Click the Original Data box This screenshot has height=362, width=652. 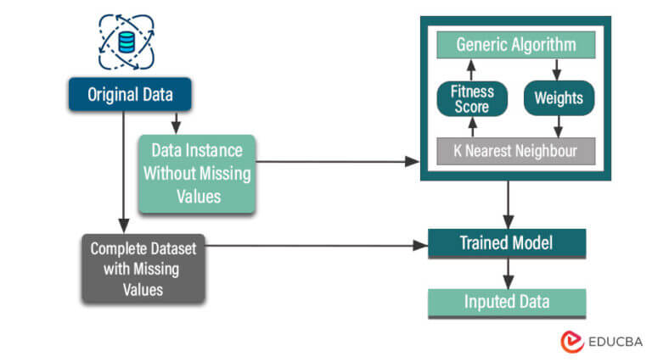click(129, 95)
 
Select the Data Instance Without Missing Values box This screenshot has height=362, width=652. click(196, 173)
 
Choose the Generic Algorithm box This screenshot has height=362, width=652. click(515, 45)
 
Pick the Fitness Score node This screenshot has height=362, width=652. click(472, 97)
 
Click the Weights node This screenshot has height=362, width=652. click(558, 97)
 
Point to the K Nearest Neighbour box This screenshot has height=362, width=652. click(515, 150)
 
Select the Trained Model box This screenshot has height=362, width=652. click(506, 243)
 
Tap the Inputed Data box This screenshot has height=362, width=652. click(506, 302)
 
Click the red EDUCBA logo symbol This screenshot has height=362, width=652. click(571, 341)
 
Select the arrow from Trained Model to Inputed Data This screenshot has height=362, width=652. click(506, 272)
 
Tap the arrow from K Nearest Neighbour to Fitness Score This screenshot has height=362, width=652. click(472, 126)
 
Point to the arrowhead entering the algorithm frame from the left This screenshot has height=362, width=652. click(414, 161)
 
